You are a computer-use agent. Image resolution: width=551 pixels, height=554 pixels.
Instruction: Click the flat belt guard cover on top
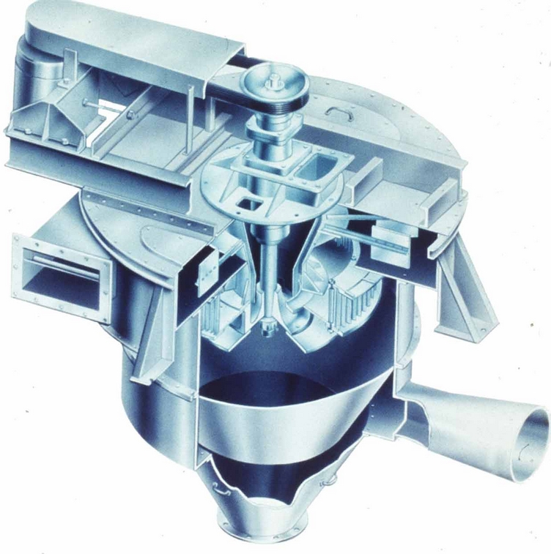point(132,37)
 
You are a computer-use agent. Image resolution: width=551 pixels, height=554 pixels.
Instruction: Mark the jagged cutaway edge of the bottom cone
point(278,483)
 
